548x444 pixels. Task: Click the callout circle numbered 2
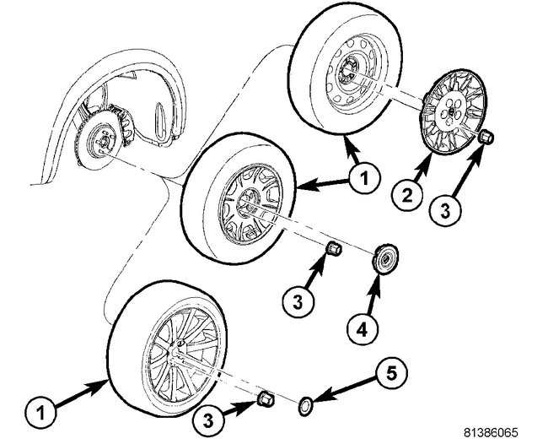[x=406, y=197]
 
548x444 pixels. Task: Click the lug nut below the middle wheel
[x=333, y=250]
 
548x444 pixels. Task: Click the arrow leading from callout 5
[x=337, y=391]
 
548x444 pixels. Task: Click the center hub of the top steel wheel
[x=348, y=74]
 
